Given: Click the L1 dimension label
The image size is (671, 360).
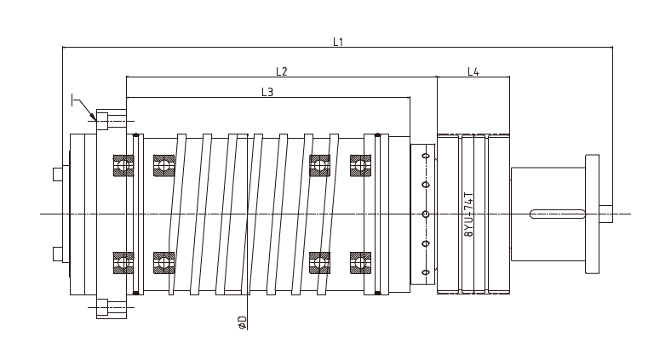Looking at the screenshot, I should pyautogui.click(x=338, y=42).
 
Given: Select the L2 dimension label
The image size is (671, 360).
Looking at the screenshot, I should pyautogui.click(x=281, y=71).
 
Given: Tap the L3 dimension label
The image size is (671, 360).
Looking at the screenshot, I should pyautogui.click(x=267, y=92).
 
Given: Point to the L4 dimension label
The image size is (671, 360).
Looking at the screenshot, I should pyautogui.click(x=473, y=71).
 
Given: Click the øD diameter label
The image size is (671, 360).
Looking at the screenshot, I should pyautogui.click(x=242, y=323).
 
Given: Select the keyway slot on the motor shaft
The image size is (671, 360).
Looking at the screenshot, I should pyautogui.click(x=557, y=213).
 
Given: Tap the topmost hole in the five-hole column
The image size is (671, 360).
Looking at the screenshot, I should pyautogui.click(x=425, y=157).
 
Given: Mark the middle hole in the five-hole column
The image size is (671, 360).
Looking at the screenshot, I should pyautogui.click(x=425, y=213).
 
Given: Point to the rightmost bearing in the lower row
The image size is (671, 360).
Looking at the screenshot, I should pyautogui.click(x=360, y=260).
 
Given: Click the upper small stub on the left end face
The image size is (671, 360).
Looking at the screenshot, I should pyautogui.click(x=57, y=174).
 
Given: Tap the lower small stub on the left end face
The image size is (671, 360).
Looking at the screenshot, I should pyautogui.click(x=57, y=253).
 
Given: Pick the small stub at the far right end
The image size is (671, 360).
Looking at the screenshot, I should pyautogui.click(x=605, y=213).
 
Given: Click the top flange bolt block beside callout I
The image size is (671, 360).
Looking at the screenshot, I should pyautogui.click(x=111, y=121).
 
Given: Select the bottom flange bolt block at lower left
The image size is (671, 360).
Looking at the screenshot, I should pyautogui.click(x=111, y=307).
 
